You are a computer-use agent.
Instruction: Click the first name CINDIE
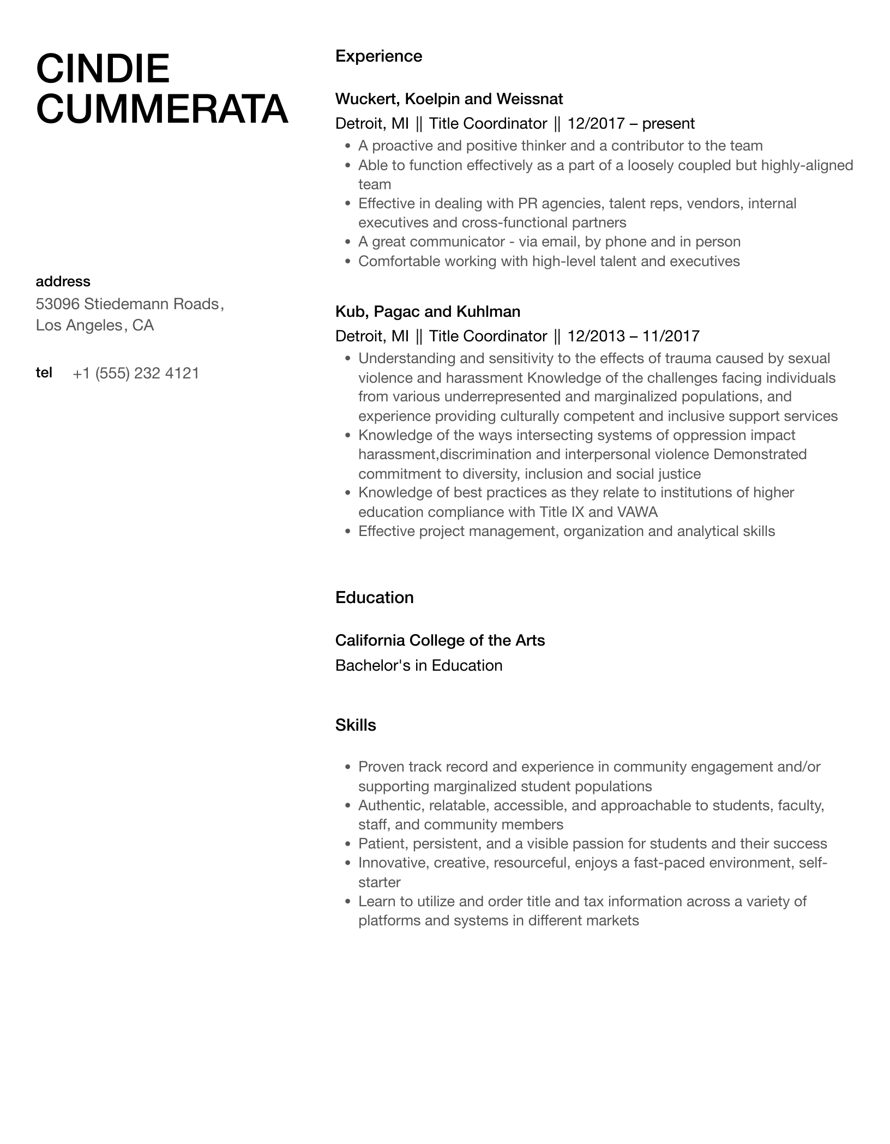(x=103, y=69)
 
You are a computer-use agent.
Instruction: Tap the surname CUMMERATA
(x=162, y=109)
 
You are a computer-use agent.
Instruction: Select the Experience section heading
(x=378, y=56)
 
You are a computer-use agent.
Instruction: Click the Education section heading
(x=374, y=598)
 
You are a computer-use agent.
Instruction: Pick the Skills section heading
(x=356, y=725)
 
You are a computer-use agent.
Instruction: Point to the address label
(x=63, y=281)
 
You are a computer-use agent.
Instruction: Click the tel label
(x=44, y=372)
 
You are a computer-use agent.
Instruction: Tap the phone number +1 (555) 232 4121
(x=136, y=374)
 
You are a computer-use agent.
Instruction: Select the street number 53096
(x=57, y=304)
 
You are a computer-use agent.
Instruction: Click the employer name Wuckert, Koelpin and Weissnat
(x=449, y=99)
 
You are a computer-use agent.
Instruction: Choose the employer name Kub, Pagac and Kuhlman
(x=428, y=311)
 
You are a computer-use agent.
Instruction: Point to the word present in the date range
(x=668, y=124)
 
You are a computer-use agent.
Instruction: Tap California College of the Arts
(x=440, y=640)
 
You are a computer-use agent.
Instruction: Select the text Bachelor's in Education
(x=418, y=665)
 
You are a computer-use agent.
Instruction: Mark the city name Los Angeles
(x=79, y=326)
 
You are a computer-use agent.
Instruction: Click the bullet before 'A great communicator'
(x=348, y=242)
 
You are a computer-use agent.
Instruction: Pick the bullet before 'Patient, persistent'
(x=348, y=844)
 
